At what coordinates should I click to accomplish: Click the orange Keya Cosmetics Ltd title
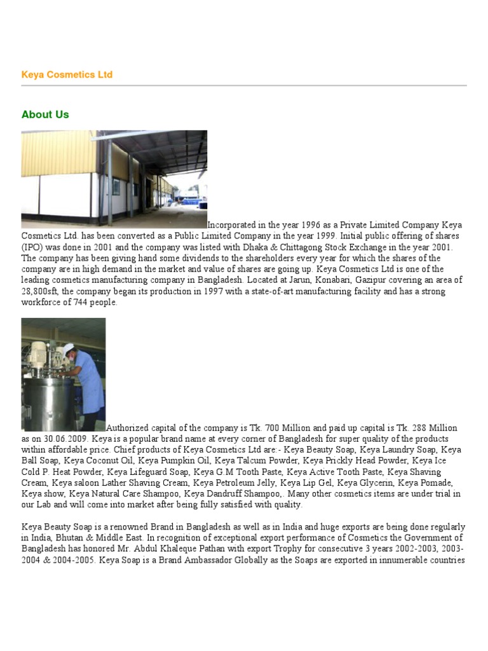tap(67, 75)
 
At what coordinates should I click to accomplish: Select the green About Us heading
tap(45, 114)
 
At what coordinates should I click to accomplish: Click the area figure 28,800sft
tap(43, 292)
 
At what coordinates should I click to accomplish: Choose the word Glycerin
tap(356, 483)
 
